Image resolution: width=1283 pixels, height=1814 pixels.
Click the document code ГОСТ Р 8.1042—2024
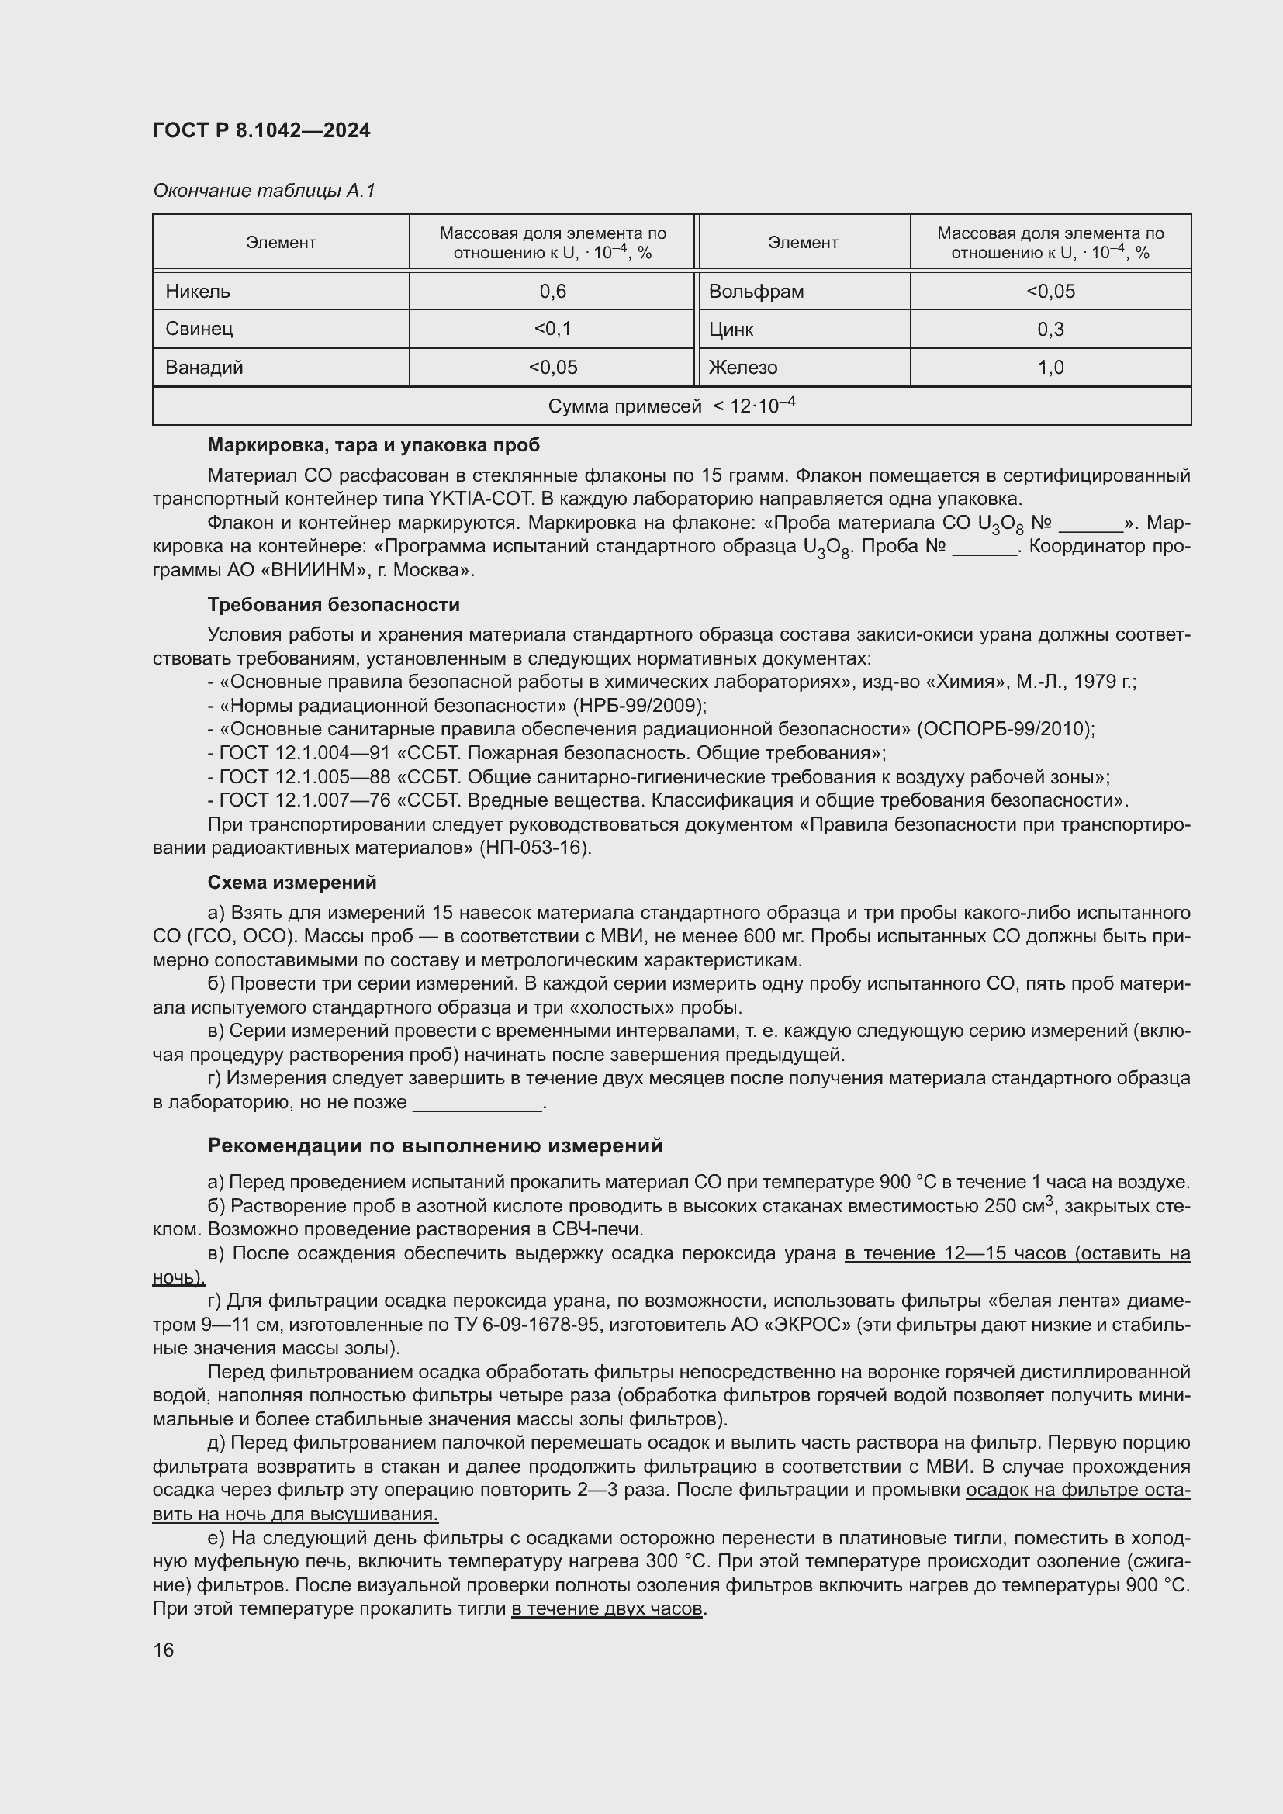coord(261,130)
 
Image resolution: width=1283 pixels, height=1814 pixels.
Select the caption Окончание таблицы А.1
coord(264,191)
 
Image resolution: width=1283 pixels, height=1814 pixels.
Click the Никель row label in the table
coord(198,292)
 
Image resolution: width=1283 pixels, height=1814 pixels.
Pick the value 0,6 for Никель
coord(552,292)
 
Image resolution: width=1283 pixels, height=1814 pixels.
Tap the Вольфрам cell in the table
coord(756,292)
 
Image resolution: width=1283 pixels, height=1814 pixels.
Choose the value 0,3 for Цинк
coord(1050,330)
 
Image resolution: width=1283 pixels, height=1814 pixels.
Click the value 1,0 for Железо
coord(1050,368)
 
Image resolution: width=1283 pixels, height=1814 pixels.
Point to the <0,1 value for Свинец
coord(552,329)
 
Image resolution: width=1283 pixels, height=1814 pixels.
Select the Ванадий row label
coord(204,368)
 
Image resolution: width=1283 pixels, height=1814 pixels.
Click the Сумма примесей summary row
coord(671,406)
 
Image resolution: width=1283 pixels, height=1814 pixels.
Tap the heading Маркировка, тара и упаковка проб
coord(374,445)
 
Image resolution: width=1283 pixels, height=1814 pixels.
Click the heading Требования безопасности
coord(334,604)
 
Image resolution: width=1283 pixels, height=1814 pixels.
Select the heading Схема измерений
coord(292,883)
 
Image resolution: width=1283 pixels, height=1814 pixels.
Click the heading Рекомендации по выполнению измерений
coord(434,1145)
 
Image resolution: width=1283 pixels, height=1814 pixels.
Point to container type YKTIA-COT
coord(482,499)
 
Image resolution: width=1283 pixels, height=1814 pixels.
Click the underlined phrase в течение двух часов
coord(606,1609)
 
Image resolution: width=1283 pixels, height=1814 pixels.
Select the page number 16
coord(164,1650)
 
